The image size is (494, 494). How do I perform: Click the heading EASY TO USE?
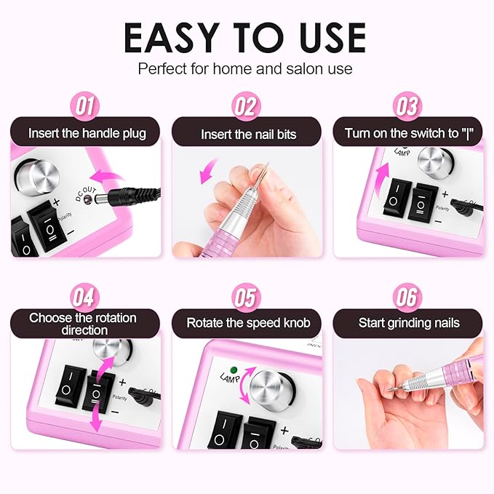tap(246, 37)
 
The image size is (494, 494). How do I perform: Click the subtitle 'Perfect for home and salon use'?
tap(246, 70)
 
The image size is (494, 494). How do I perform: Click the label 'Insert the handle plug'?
tap(87, 133)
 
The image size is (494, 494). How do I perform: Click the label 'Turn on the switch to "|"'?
tap(407, 134)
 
